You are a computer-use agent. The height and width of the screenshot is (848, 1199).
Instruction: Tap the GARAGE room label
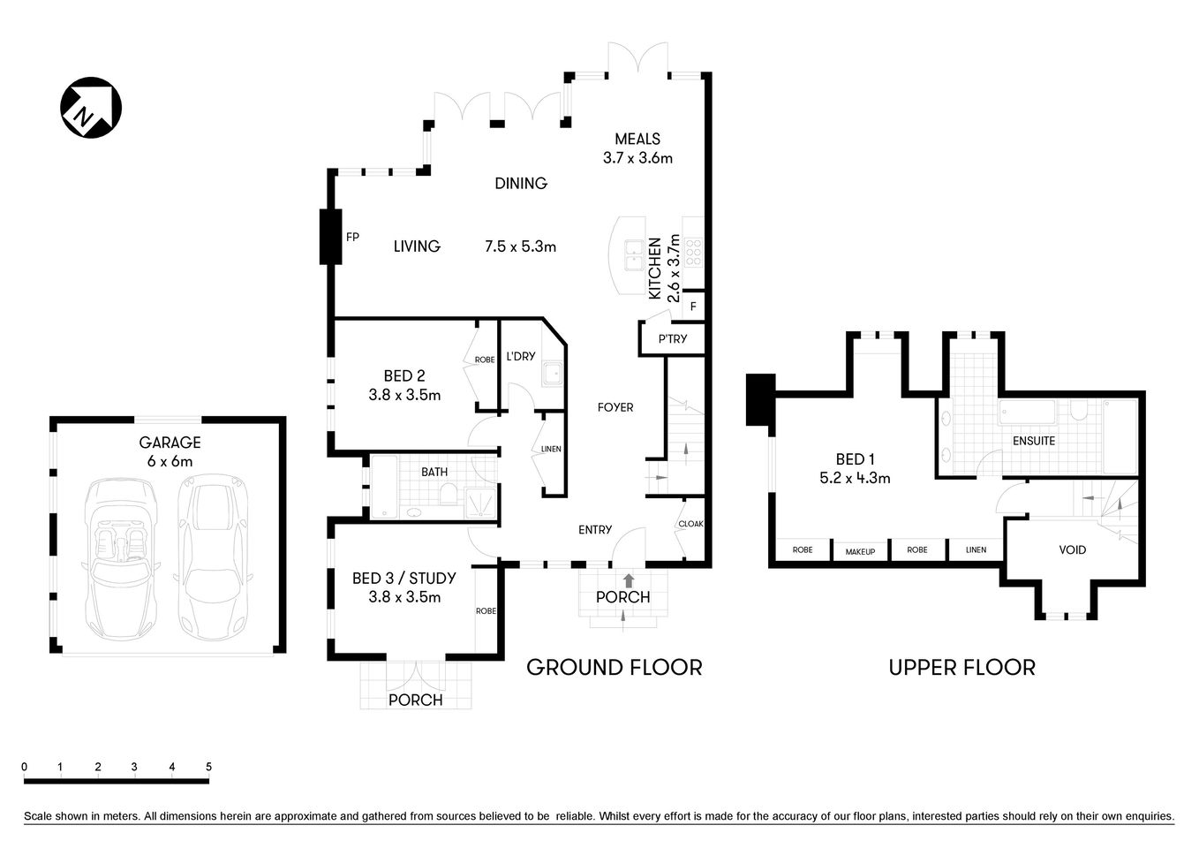[170, 443]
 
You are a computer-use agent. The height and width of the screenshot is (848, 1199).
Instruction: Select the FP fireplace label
[352, 237]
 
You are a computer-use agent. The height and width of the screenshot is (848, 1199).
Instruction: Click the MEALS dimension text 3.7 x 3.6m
[637, 158]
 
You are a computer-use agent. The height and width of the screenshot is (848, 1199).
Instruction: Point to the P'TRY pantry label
[673, 339]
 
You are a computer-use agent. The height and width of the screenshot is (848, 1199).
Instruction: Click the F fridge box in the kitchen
[693, 307]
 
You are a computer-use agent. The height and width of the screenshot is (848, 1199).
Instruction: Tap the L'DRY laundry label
[521, 357]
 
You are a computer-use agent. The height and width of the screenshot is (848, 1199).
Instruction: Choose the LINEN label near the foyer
[551, 449]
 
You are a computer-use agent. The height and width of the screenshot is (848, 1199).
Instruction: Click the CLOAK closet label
[690, 524]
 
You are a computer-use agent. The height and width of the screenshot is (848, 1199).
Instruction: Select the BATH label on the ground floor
[434, 473]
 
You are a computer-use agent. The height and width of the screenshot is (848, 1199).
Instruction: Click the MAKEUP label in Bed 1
[860, 551]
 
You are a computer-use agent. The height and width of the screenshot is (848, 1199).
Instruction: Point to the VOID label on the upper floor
[1073, 549]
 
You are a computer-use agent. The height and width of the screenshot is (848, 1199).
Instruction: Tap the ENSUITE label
[1034, 440]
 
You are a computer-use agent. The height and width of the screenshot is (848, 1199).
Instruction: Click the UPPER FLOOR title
[961, 668]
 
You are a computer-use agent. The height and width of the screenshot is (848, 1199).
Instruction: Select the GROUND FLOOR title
[614, 668]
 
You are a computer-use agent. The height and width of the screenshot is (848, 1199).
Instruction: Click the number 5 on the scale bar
[208, 767]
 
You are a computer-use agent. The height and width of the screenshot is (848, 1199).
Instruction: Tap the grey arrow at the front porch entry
[628, 580]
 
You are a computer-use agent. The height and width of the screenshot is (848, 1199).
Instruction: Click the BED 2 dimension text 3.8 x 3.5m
[404, 395]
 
